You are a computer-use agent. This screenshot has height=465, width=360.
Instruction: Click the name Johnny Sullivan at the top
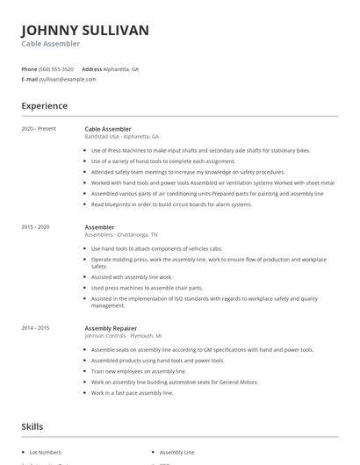pyautogui.click(x=85, y=30)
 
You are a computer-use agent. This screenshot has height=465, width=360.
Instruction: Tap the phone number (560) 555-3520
pyautogui.click(x=56, y=68)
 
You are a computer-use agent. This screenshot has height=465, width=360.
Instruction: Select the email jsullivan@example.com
pyautogui.click(x=68, y=79)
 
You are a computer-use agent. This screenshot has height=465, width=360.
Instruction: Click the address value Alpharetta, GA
pyautogui.click(x=122, y=68)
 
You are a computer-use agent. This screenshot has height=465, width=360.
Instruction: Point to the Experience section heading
pyautogui.click(x=45, y=106)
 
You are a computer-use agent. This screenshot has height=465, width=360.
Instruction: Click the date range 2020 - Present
pyautogui.click(x=39, y=128)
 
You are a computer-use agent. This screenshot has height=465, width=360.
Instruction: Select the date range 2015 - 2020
pyautogui.click(x=36, y=227)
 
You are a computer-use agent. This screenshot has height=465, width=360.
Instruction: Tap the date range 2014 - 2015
pyautogui.click(x=36, y=327)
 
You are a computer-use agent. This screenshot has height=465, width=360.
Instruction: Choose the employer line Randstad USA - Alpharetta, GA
pyautogui.click(x=121, y=137)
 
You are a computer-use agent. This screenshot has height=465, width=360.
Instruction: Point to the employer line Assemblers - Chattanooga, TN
pyautogui.click(x=121, y=235)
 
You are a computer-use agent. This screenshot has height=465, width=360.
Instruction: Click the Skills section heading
pyautogui.click(x=32, y=426)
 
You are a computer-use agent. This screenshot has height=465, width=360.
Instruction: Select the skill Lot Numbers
pyautogui.click(x=47, y=452)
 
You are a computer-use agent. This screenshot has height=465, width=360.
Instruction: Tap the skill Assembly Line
pyautogui.click(x=177, y=452)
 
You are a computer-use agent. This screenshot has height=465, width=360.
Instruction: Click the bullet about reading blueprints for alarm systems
pyautogui.click(x=171, y=204)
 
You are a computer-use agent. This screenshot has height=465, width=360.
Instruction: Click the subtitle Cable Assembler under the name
pyautogui.click(x=51, y=44)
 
